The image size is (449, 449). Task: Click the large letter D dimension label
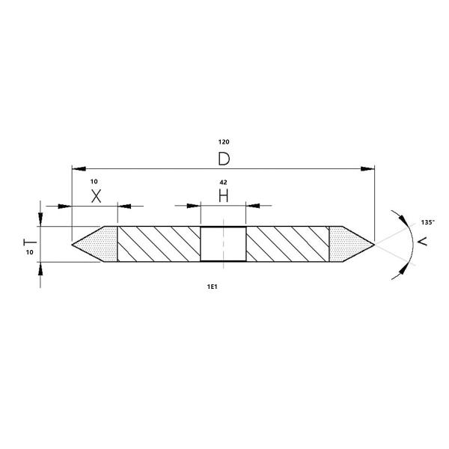(223, 159)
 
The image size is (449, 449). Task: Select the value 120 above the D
(223, 141)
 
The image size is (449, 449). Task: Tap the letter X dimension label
(95, 196)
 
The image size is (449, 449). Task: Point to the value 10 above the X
(94, 182)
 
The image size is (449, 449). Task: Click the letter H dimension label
(223, 196)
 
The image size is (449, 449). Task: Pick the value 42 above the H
(223, 182)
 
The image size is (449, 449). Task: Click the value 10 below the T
(29, 253)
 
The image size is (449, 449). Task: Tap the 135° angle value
(428, 223)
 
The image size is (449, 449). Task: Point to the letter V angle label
(423, 242)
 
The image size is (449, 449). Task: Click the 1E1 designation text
(223, 287)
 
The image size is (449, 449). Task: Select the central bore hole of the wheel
(223, 244)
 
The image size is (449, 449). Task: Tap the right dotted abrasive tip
(349, 243)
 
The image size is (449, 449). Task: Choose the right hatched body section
(287, 244)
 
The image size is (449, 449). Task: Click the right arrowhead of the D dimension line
(367, 168)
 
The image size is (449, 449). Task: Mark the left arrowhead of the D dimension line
(77, 168)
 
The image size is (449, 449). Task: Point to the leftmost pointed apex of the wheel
(72, 244)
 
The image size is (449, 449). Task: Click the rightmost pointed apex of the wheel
(374, 243)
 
